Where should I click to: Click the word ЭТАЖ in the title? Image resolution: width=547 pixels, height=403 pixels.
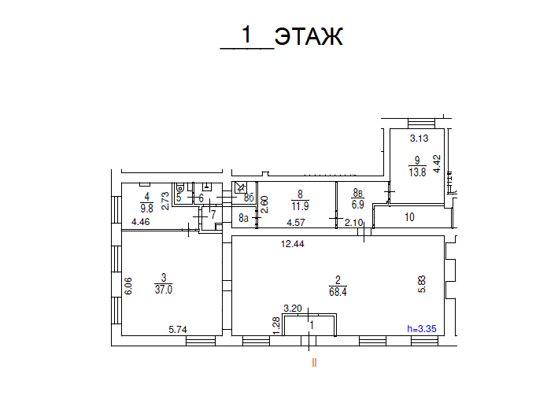pyautogui.click(x=309, y=36)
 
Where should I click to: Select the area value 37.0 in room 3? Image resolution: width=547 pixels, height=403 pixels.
pyautogui.click(x=163, y=289)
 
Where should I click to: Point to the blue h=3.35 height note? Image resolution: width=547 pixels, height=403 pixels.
pyautogui.click(x=420, y=329)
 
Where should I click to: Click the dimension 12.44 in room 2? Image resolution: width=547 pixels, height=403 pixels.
pyautogui.click(x=293, y=244)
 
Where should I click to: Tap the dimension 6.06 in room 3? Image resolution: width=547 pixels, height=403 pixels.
pyautogui.click(x=128, y=284)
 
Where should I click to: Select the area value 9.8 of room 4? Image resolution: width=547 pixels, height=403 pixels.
pyautogui.click(x=146, y=209)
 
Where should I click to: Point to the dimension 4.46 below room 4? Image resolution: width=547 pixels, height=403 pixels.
pyautogui.click(x=141, y=223)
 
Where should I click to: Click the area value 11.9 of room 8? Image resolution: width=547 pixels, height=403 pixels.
pyautogui.click(x=299, y=207)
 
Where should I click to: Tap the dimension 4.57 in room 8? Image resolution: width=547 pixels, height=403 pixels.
pyautogui.click(x=296, y=223)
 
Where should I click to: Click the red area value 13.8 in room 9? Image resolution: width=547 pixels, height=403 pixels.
pyautogui.click(x=417, y=172)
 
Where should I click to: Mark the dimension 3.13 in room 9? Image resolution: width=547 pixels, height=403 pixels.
pyautogui.click(x=418, y=139)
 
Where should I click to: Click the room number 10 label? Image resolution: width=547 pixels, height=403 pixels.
pyautogui.click(x=409, y=217)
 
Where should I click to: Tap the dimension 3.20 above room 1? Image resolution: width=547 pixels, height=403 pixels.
pyautogui.click(x=294, y=309)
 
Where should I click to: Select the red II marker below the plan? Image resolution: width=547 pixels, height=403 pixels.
pyautogui.click(x=314, y=363)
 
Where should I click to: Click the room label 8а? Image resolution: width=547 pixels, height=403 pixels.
pyautogui.click(x=244, y=217)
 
